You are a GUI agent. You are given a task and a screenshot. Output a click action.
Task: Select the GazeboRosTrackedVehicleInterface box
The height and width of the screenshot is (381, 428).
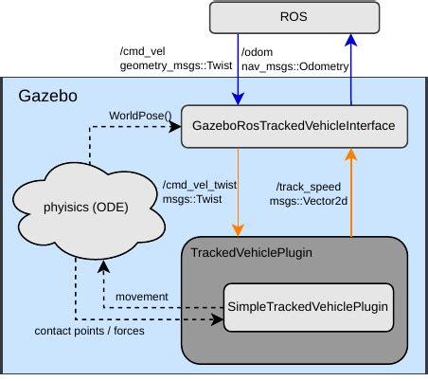(x=294, y=124)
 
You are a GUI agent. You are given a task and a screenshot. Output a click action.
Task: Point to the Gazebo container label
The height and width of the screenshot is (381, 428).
(x=46, y=97)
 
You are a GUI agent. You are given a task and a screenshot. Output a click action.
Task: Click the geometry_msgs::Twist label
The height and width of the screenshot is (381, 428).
(x=175, y=65)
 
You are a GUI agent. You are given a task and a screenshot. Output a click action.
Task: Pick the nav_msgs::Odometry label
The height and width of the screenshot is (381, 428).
(x=295, y=65)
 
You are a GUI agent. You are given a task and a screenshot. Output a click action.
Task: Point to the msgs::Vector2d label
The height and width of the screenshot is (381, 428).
(x=309, y=201)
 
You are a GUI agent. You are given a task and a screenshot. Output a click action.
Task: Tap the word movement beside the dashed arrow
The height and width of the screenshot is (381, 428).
(x=141, y=297)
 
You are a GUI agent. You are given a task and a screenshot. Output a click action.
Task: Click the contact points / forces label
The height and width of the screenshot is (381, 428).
(x=89, y=331)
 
